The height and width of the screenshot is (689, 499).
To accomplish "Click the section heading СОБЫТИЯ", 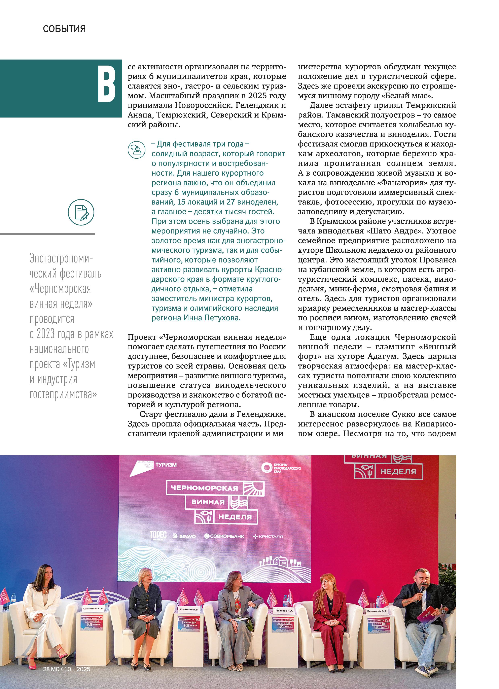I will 64,29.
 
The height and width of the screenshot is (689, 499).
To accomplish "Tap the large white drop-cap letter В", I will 106,84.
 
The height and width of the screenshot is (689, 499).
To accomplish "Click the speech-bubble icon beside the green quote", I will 136,150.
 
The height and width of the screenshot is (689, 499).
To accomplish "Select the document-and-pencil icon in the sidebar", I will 81,212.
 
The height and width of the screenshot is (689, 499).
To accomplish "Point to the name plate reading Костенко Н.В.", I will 189,609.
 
